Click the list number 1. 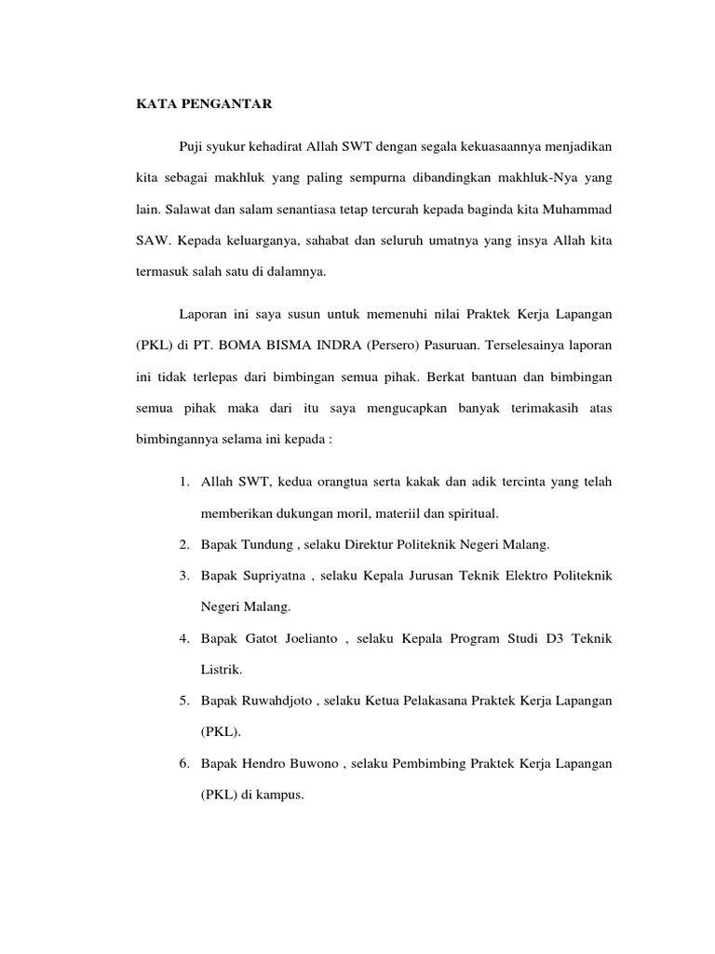click(x=184, y=482)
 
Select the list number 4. click(x=184, y=638)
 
